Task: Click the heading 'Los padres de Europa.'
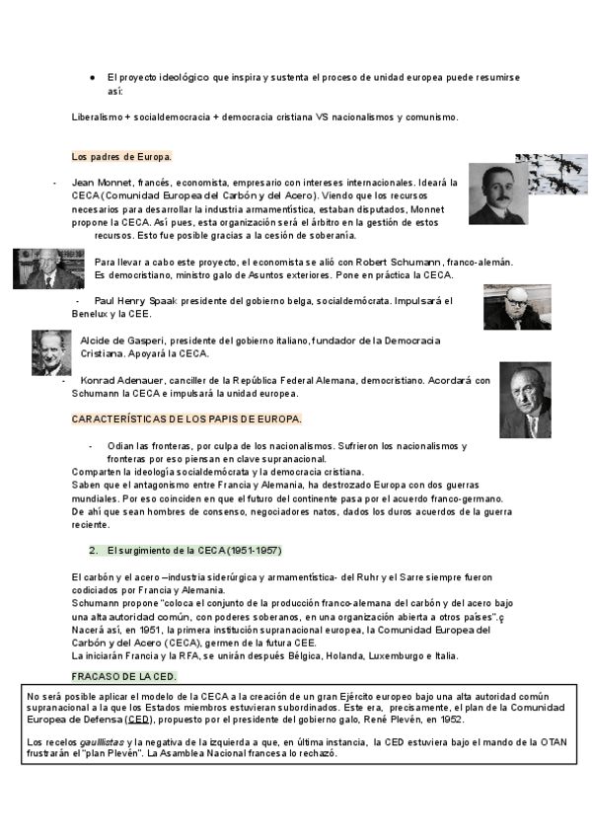coord(122,156)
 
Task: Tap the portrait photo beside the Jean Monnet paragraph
coord(497,194)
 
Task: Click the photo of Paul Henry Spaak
coord(517,307)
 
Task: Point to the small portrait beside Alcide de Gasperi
coord(50,352)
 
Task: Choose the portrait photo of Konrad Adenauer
coord(524,400)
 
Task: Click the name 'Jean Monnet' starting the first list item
coord(103,184)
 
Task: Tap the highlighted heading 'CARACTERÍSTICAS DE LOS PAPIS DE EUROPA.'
coord(186,418)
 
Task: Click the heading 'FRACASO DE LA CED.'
coord(124,676)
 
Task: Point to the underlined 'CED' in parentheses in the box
coord(139,720)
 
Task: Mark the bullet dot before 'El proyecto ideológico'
coord(92,77)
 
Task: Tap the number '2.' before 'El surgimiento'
coord(93,550)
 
